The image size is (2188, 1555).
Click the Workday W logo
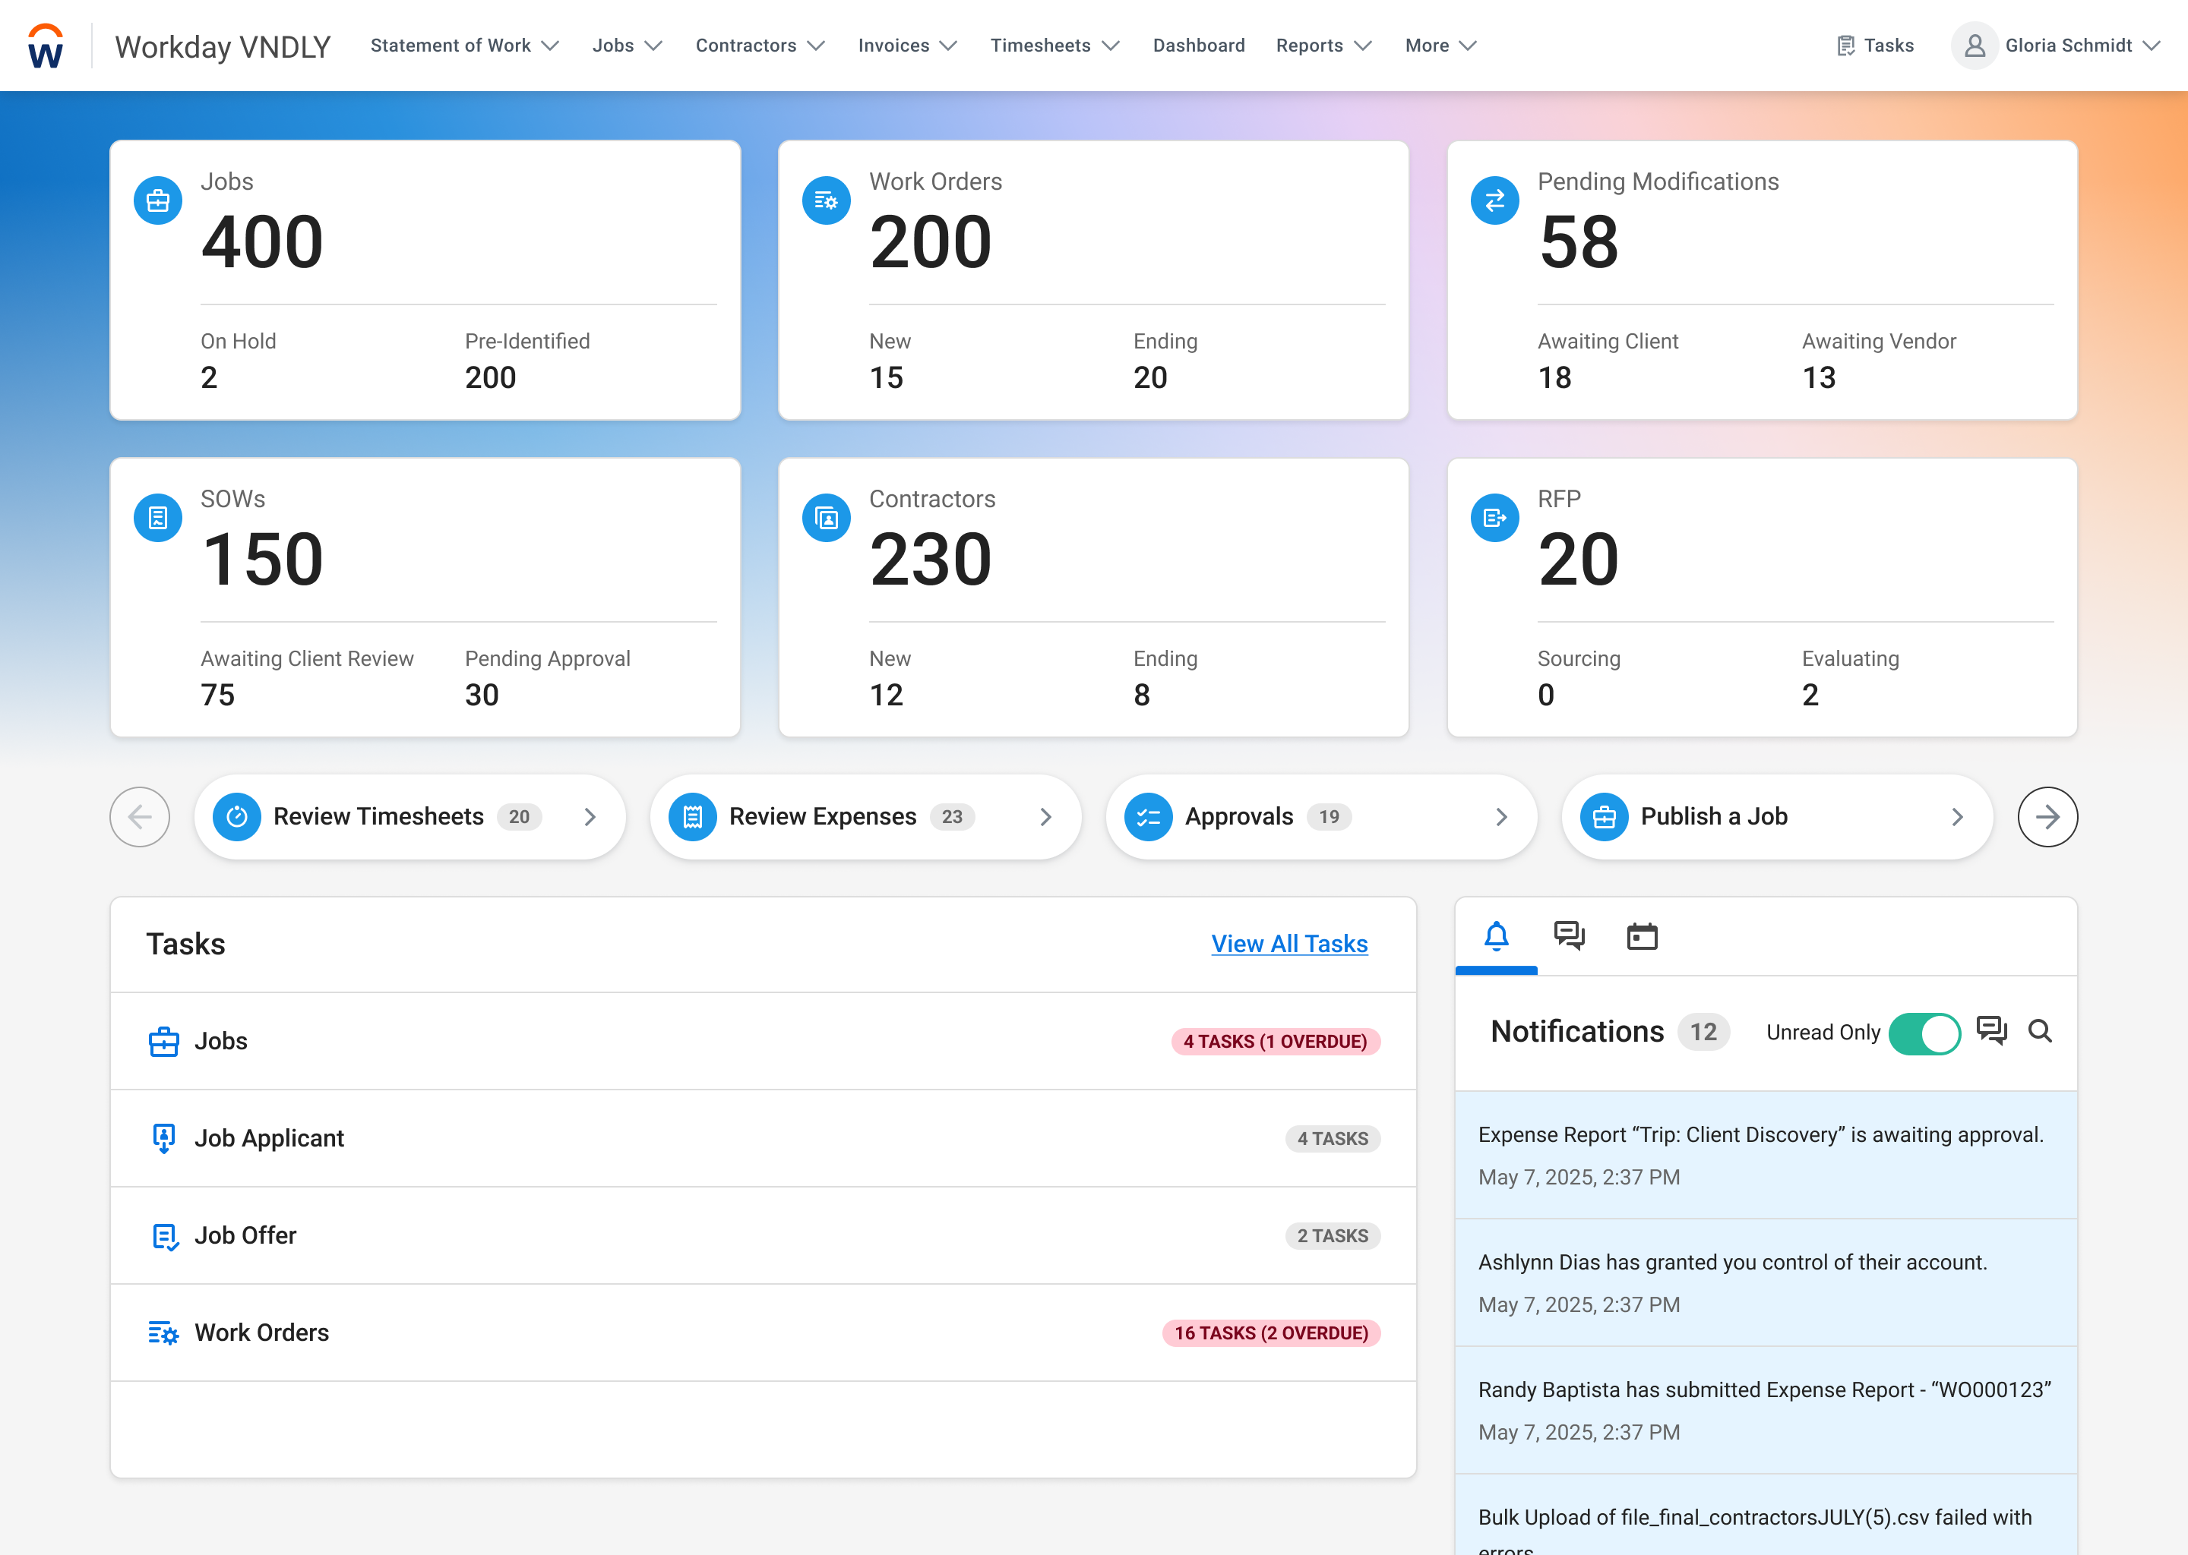(45, 46)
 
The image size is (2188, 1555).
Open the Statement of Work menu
(463, 46)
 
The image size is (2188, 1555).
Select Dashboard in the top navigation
(1197, 46)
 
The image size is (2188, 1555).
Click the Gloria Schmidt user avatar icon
(1974, 46)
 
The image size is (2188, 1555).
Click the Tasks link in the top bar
(1875, 46)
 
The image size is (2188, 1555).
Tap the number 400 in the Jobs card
(261, 242)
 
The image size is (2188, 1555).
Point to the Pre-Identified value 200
(489, 377)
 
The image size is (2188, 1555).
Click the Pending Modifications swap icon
(1494, 201)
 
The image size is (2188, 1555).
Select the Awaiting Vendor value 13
(1817, 377)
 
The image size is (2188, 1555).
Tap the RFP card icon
(1494, 518)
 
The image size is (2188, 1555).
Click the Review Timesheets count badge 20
(518, 817)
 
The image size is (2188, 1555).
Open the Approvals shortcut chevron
(1500, 817)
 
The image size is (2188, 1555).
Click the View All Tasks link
(1288, 944)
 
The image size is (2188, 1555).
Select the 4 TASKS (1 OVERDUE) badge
(1274, 1042)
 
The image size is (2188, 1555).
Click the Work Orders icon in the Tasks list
(163, 1333)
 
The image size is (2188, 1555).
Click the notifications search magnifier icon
(2040, 1031)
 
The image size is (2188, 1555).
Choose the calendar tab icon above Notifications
(1641, 935)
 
